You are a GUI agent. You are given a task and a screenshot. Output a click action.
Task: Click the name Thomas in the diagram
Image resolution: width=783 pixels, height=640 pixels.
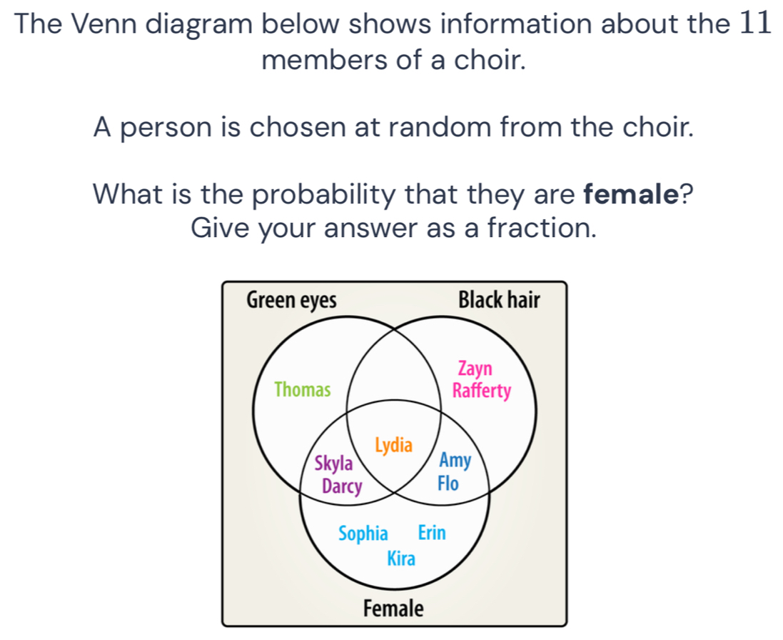[303, 390]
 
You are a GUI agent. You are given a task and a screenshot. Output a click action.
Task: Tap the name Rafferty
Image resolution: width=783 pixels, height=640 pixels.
[482, 391]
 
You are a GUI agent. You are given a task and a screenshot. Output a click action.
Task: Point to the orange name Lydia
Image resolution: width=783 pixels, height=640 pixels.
[393, 446]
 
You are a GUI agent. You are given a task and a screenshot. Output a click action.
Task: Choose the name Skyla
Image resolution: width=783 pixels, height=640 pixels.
[334, 464]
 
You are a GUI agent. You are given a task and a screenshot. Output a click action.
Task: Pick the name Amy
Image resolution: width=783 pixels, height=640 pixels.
[455, 461]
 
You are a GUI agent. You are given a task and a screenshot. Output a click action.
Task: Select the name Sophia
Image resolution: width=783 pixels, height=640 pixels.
[363, 534]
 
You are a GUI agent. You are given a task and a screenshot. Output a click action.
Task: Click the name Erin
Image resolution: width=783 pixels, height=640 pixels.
[431, 533]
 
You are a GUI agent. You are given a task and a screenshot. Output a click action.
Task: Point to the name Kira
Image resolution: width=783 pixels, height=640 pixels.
[400, 559]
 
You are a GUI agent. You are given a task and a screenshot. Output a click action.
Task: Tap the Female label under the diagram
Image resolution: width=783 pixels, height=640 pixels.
[393, 609]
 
